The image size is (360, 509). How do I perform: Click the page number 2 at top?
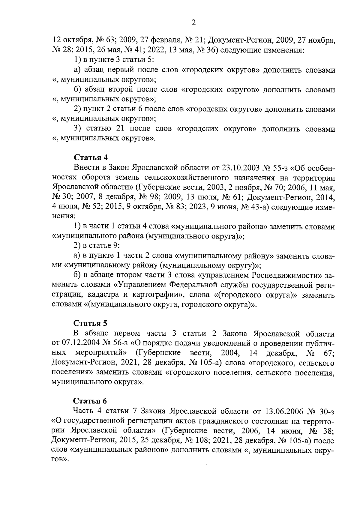tap(193, 22)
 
